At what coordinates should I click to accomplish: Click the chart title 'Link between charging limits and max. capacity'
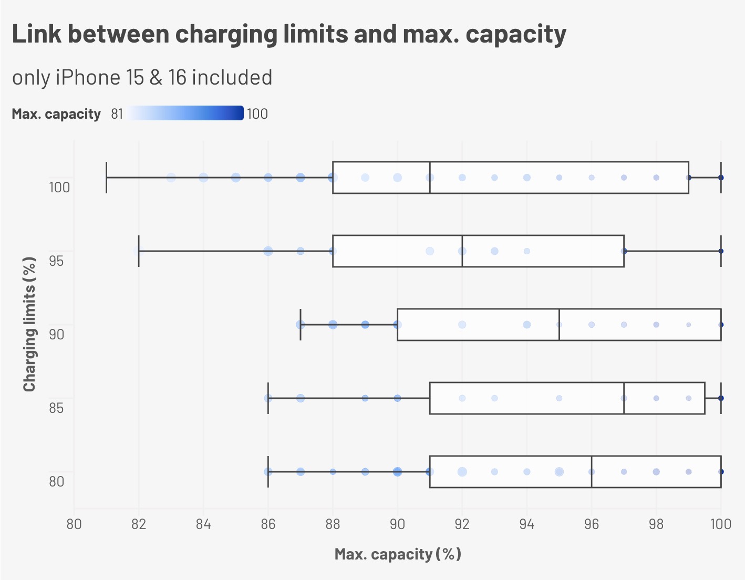(x=289, y=34)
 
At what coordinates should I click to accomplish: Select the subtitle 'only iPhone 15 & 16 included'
(x=142, y=77)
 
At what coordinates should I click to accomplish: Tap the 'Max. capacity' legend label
(x=56, y=114)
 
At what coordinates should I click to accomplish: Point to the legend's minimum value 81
(x=117, y=114)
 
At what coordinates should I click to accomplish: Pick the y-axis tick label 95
(x=56, y=261)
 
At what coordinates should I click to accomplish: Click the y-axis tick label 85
(x=56, y=408)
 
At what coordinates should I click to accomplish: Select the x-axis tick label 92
(x=462, y=524)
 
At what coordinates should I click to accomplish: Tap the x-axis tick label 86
(x=268, y=524)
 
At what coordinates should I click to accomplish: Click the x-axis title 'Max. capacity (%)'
(x=398, y=554)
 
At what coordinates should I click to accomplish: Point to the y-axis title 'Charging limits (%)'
(x=29, y=324)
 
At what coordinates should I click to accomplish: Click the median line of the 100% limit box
(x=430, y=178)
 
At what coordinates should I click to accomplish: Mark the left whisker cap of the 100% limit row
(x=107, y=178)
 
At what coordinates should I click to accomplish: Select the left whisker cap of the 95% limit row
(x=139, y=251)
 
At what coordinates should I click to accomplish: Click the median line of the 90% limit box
(x=559, y=325)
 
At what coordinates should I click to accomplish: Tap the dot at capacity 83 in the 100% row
(x=171, y=178)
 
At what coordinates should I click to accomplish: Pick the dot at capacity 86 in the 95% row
(x=268, y=251)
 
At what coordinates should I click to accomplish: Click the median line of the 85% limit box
(x=624, y=398)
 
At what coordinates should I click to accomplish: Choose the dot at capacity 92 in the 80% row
(x=462, y=472)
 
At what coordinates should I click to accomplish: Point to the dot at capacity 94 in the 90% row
(x=527, y=325)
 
